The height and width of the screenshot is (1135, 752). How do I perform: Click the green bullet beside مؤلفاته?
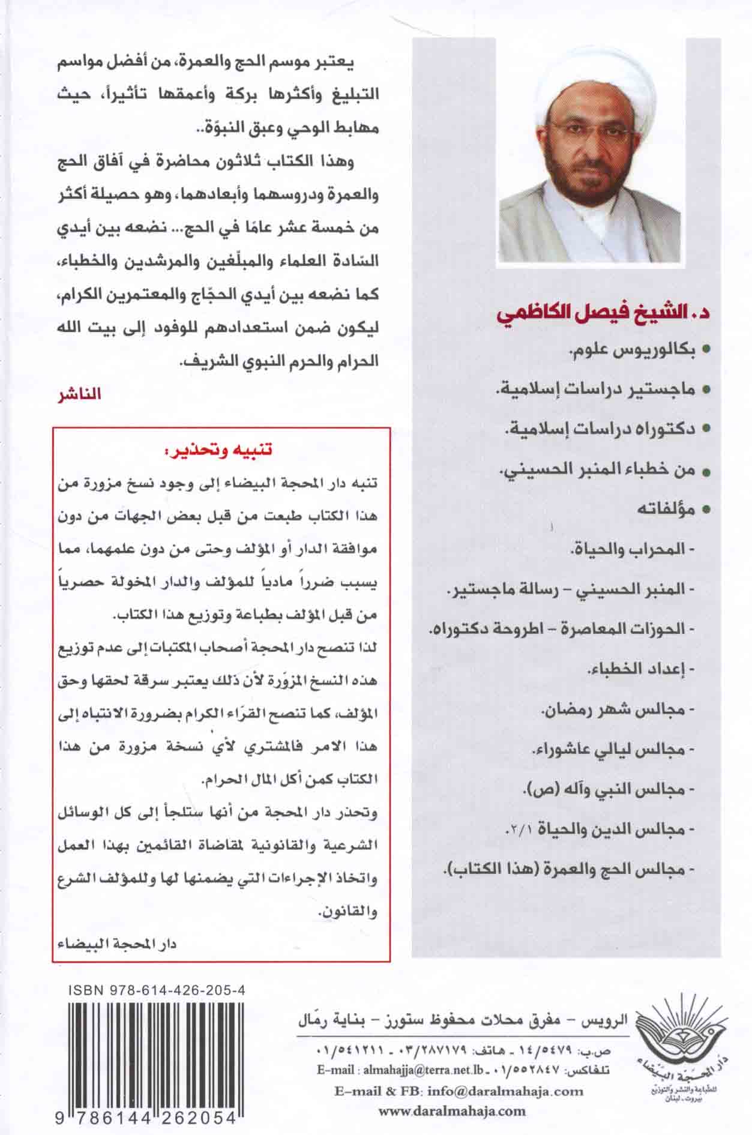click(706, 510)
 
